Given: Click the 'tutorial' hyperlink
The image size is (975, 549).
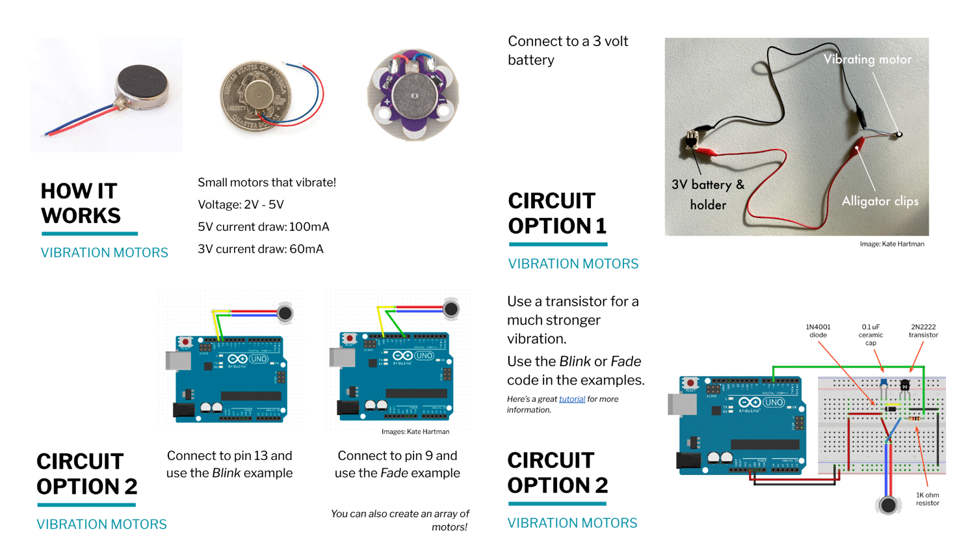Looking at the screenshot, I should [571, 399].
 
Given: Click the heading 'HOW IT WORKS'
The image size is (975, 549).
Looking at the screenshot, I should [81, 204].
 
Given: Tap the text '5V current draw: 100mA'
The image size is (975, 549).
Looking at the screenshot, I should [263, 227].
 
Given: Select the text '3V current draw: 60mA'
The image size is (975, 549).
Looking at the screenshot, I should [260, 249].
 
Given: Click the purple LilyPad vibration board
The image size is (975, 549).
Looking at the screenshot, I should [413, 95].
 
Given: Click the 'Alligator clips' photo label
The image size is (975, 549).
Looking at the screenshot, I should [879, 202].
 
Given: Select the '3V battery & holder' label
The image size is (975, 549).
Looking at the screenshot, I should [708, 194].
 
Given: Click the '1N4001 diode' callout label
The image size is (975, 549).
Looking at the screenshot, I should [818, 331].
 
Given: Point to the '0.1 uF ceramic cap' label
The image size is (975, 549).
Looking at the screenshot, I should [870, 335].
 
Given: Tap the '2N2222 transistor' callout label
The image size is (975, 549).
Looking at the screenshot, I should [923, 331].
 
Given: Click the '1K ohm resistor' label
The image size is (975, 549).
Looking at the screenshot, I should [928, 499].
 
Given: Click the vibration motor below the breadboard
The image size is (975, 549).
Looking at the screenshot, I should [888, 505].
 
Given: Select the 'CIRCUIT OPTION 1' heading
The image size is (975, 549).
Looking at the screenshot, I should [557, 213].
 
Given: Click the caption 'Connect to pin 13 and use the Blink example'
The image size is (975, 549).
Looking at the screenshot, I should [229, 464].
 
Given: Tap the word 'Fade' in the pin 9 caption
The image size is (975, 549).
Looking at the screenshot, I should [394, 474].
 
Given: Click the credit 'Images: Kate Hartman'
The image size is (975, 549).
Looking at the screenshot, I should [415, 432].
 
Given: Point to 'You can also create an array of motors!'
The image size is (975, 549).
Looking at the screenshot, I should [400, 520].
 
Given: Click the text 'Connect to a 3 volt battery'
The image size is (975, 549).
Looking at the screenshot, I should [567, 51].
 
